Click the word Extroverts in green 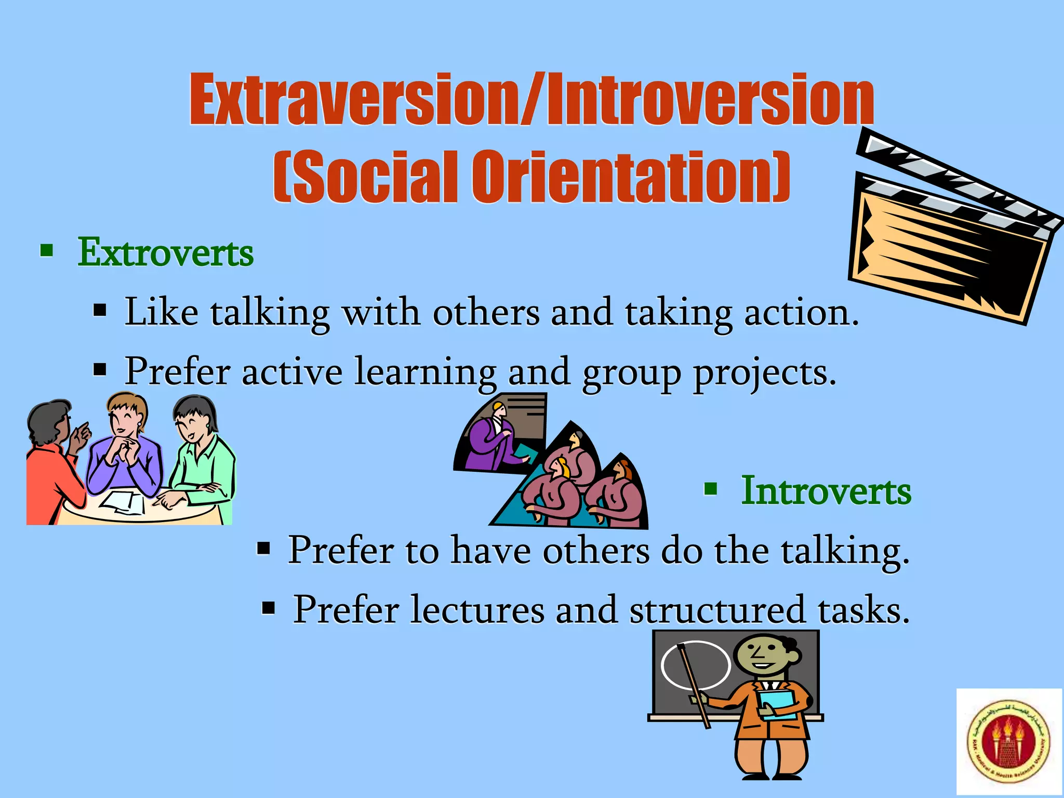[x=165, y=253]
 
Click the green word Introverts [x=826, y=491]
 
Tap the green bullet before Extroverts [x=47, y=251]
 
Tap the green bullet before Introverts [x=711, y=489]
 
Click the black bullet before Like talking [x=100, y=311]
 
